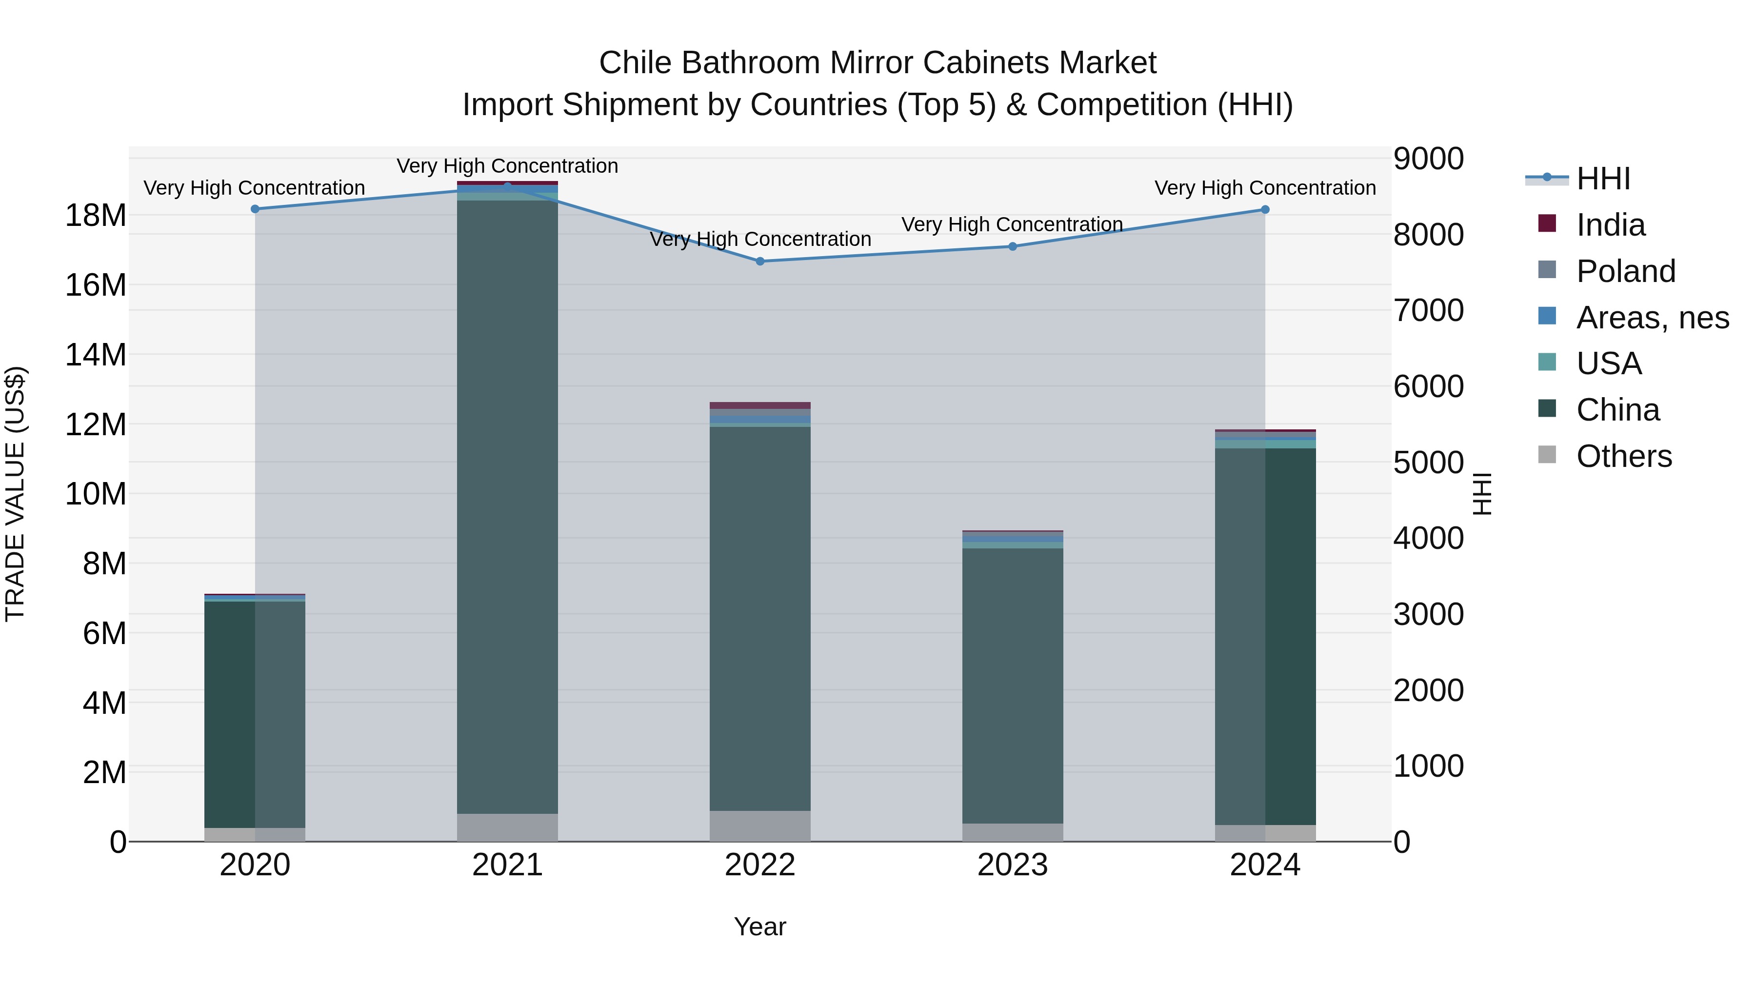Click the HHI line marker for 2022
tap(760, 261)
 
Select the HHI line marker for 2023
tap(1012, 246)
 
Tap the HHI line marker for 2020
tap(255, 209)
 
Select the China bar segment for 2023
tap(1012, 686)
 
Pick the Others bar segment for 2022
tap(760, 826)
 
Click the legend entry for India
tap(1610, 225)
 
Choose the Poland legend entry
tap(1625, 271)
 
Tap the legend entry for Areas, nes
tap(1653, 318)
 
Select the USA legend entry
tap(1609, 363)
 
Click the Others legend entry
tap(1624, 456)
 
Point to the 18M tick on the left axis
tap(96, 216)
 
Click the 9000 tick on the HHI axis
tap(1428, 159)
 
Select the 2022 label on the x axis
tap(760, 865)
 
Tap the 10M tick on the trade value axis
tap(96, 494)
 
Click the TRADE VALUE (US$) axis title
tap(15, 494)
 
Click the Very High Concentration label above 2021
tap(507, 166)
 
